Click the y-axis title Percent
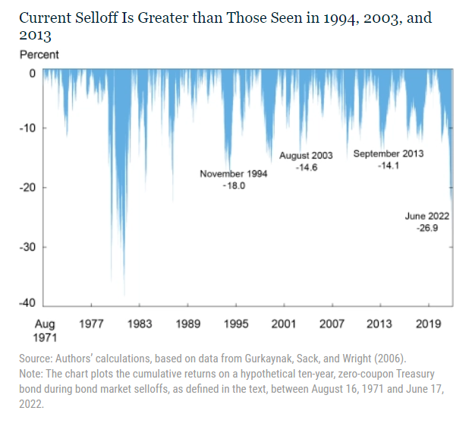pyautogui.click(x=39, y=55)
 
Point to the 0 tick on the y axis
pyautogui.click(x=33, y=74)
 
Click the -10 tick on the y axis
pyautogui.click(x=29, y=128)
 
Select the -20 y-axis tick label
pyautogui.click(x=29, y=188)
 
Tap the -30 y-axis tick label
pyautogui.click(x=29, y=247)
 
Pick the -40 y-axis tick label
pyautogui.click(x=29, y=304)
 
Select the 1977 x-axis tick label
pyautogui.click(x=91, y=324)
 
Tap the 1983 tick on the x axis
pyautogui.click(x=139, y=324)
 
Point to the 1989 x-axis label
pyautogui.click(x=187, y=324)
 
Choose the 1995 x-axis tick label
pyautogui.click(x=236, y=324)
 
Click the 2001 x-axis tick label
pyautogui.click(x=284, y=324)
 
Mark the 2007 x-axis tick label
pyautogui.click(x=332, y=324)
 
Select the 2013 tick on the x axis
pyautogui.click(x=379, y=324)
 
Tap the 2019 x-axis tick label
pyautogui.click(x=429, y=324)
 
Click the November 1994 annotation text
pyautogui.click(x=234, y=174)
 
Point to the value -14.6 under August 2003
pyautogui.click(x=306, y=167)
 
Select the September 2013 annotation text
pyautogui.click(x=389, y=153)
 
